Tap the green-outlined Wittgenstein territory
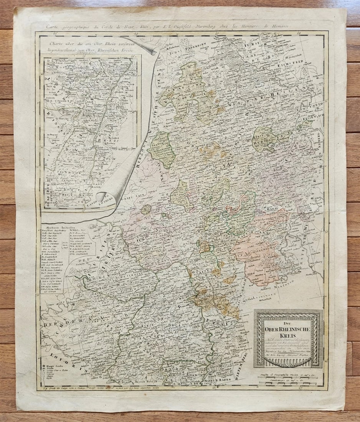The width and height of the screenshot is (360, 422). (160, 150)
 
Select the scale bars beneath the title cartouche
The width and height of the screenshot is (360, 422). (288, 380)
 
